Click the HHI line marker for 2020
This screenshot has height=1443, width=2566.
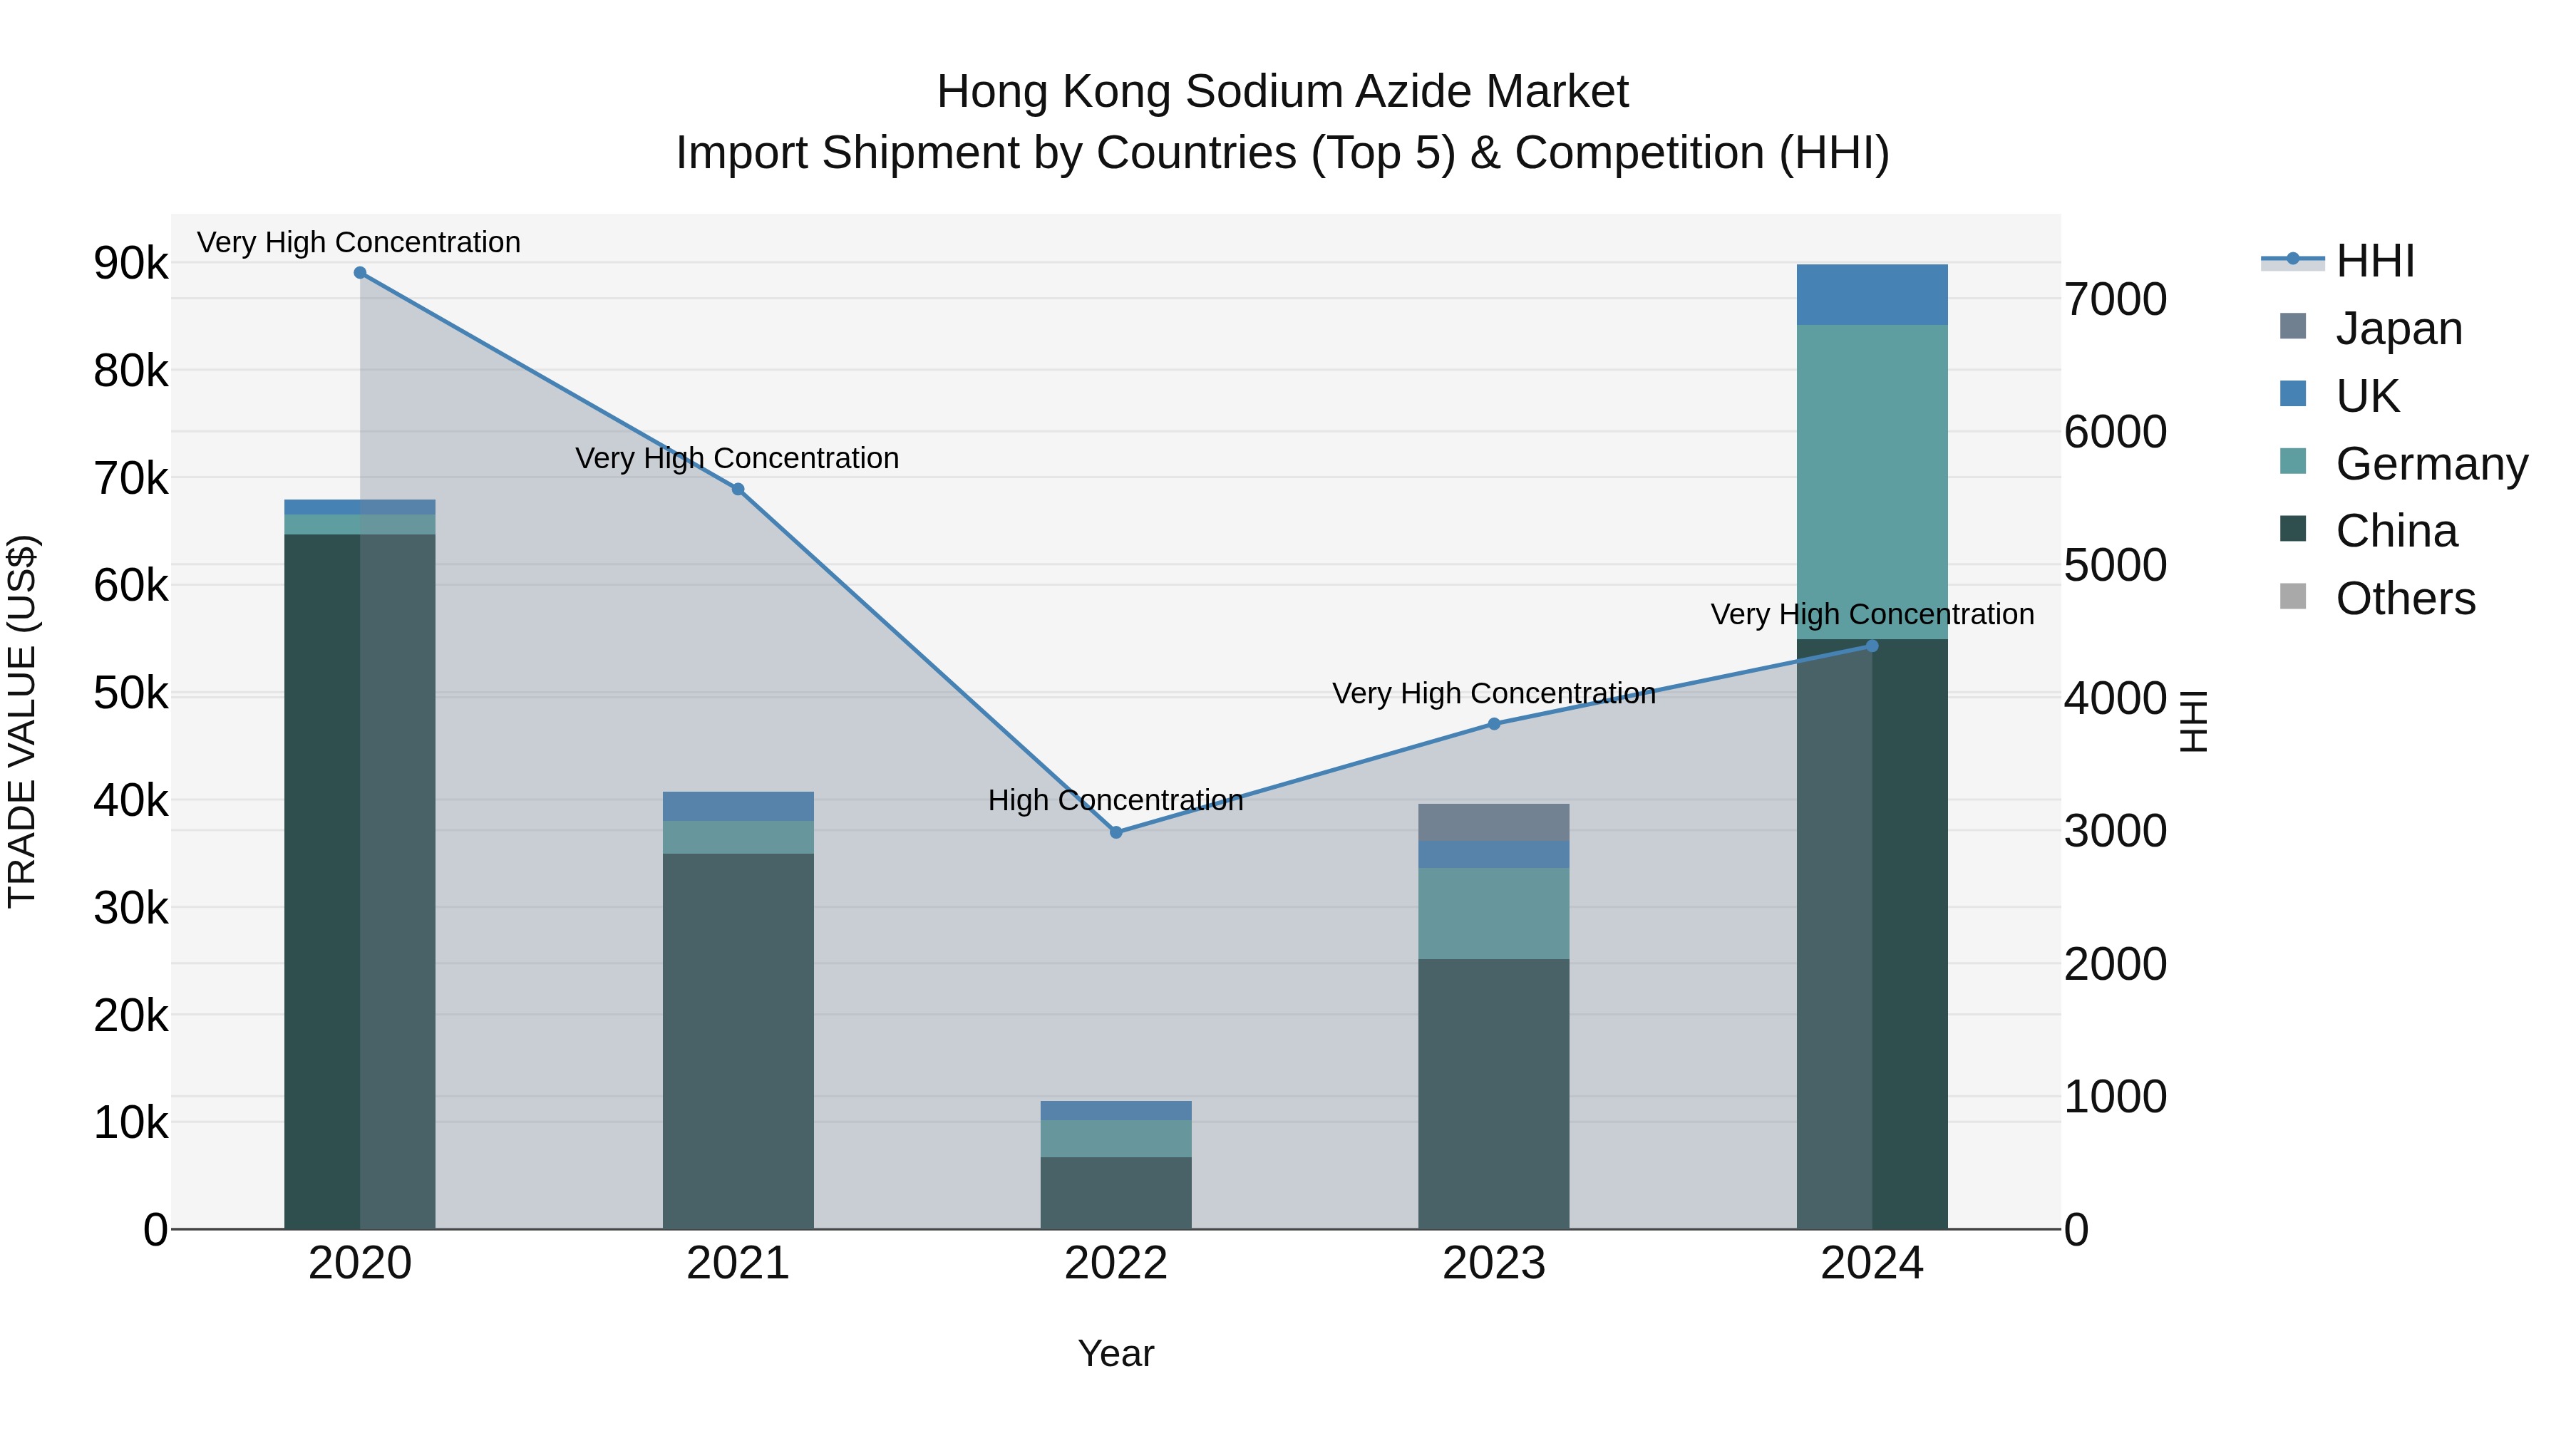click(x=360, y=273)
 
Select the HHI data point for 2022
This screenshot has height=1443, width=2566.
click(x=1115, y=832)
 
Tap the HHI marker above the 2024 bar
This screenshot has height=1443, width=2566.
click(x=1871, y=646)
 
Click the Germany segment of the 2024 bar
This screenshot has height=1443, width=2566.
click(x=1871, y=481)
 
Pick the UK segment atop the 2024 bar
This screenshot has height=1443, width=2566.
click(x=1871, y=295)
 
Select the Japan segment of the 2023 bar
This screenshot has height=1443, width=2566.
click(x=1493, y=822)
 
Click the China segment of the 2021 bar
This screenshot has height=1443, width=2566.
click(x=738, y=1040)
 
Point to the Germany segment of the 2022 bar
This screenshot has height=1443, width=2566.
click(x=1115, y=1138)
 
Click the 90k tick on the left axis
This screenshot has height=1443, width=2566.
click(x=131, y=264)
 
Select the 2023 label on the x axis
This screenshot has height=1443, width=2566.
click(x=1493, y=1263)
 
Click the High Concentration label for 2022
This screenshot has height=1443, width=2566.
click(x=1115, y=801)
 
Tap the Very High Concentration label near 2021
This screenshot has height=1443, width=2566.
click(x=737, y=458)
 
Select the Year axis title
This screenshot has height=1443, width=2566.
click(x=1115, y=1353)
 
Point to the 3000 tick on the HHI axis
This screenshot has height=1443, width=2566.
click(x=2115, y=831)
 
